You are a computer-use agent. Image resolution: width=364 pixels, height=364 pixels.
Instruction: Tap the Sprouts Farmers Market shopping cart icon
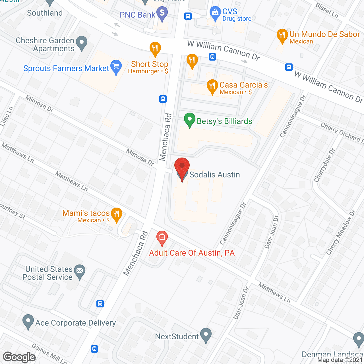[x=116, y=67]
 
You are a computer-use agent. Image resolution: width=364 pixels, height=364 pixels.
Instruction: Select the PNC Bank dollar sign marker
[x=162, y=13]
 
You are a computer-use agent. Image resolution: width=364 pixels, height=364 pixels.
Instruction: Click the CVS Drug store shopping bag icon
[x=215, y=13]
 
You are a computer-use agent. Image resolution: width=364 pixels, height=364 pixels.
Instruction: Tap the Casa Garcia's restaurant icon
[x=212, y=86]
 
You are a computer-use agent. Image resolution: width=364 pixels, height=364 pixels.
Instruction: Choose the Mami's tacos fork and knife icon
[x=116, y=214]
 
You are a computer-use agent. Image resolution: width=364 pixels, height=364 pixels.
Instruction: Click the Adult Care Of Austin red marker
[x=162, y=238]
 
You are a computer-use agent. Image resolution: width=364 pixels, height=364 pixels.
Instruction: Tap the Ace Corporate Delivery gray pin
[x=28, y=321]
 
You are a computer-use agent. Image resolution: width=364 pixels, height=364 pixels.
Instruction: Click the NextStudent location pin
[x=206, y=335]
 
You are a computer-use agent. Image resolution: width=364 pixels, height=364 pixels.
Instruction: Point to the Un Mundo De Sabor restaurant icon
[x=282, y=36]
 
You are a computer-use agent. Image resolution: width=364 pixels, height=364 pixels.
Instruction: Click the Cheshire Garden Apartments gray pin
[x=82, y=43]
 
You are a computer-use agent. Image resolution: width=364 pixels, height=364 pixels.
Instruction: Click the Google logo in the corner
[x=19, y=357]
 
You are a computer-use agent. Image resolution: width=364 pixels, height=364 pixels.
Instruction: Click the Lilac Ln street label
[x=7, y=117]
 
